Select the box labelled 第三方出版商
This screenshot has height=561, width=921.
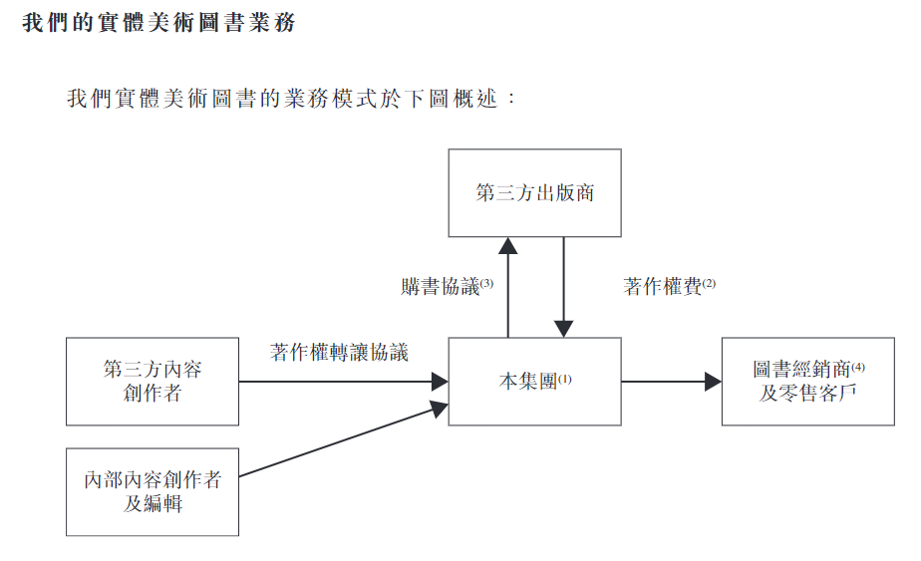(x=534, y=192)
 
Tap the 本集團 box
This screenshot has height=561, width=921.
(x=534, y=382)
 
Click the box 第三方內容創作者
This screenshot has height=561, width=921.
(x=153, y=382)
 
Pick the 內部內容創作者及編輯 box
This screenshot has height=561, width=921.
(x=153, y=491)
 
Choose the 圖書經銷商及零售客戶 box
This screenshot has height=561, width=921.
(x=807, y=382)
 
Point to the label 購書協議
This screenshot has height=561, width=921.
(x=440, y=287)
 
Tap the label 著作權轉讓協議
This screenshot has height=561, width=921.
(x=339, y=352)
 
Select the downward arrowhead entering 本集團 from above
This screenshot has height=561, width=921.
(x=563, y=328)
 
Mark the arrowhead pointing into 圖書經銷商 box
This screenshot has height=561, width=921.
(x=712, y=382)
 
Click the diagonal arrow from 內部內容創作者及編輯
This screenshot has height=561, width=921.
(x=339, y=440)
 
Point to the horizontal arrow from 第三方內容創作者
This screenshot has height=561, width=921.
(x=339, y=382)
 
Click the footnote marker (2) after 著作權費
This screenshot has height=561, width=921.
(x=709, y=283)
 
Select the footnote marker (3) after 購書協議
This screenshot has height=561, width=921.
(x=486, y=283)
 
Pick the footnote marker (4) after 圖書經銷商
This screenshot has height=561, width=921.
(x=858, y=367)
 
